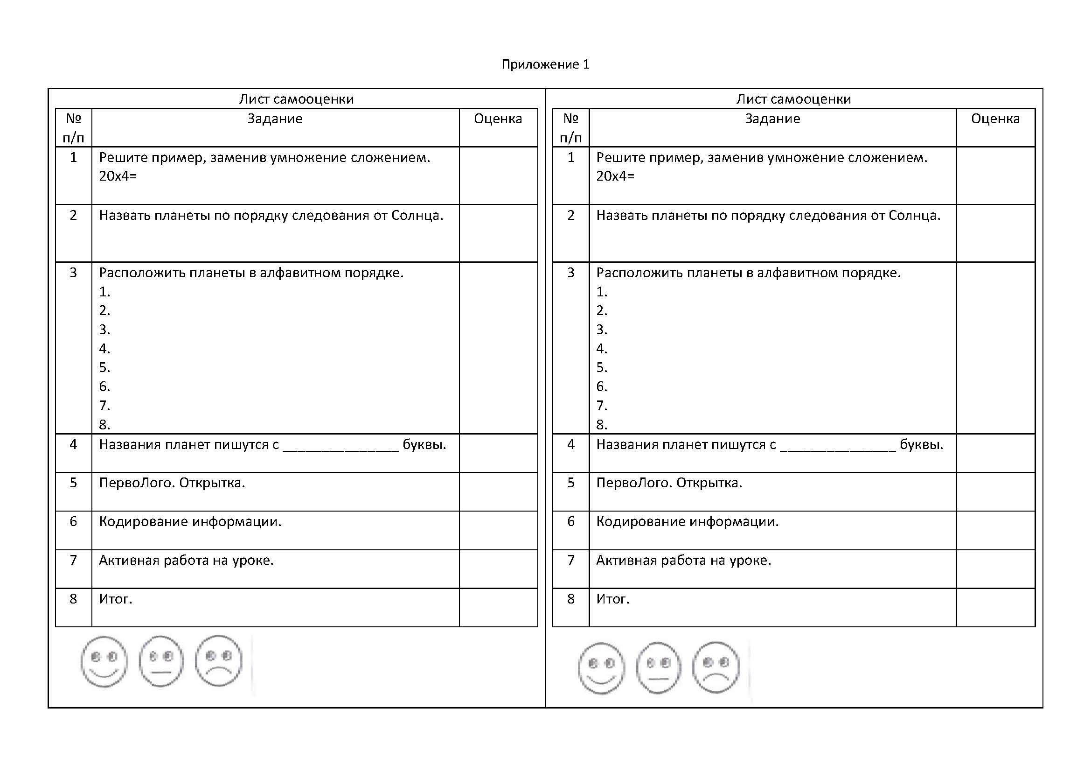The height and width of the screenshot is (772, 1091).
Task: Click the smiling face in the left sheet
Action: coord(104,661)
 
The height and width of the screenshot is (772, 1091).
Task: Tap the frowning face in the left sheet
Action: coord(219,661)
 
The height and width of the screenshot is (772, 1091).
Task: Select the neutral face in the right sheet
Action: coord(658,667)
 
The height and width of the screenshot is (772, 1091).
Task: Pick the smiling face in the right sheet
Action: coord(601,668)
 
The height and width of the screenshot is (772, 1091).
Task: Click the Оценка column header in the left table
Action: coord(498,119)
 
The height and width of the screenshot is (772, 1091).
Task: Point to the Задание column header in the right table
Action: coord(772,119)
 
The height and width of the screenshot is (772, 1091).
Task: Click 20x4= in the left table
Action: coord(118,176)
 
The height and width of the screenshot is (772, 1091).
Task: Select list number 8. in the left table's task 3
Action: coord(104,424)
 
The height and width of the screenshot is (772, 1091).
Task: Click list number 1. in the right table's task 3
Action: coord(602,292)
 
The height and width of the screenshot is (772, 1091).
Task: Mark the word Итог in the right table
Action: coord(612,599)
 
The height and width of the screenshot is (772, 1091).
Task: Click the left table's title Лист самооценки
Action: coord(296,99)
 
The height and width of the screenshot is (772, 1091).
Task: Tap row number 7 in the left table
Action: coord(73,561)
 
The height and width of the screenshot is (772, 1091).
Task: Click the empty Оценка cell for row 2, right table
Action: coord(995,233)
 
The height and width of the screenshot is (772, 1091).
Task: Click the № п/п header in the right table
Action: coord(570,128)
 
